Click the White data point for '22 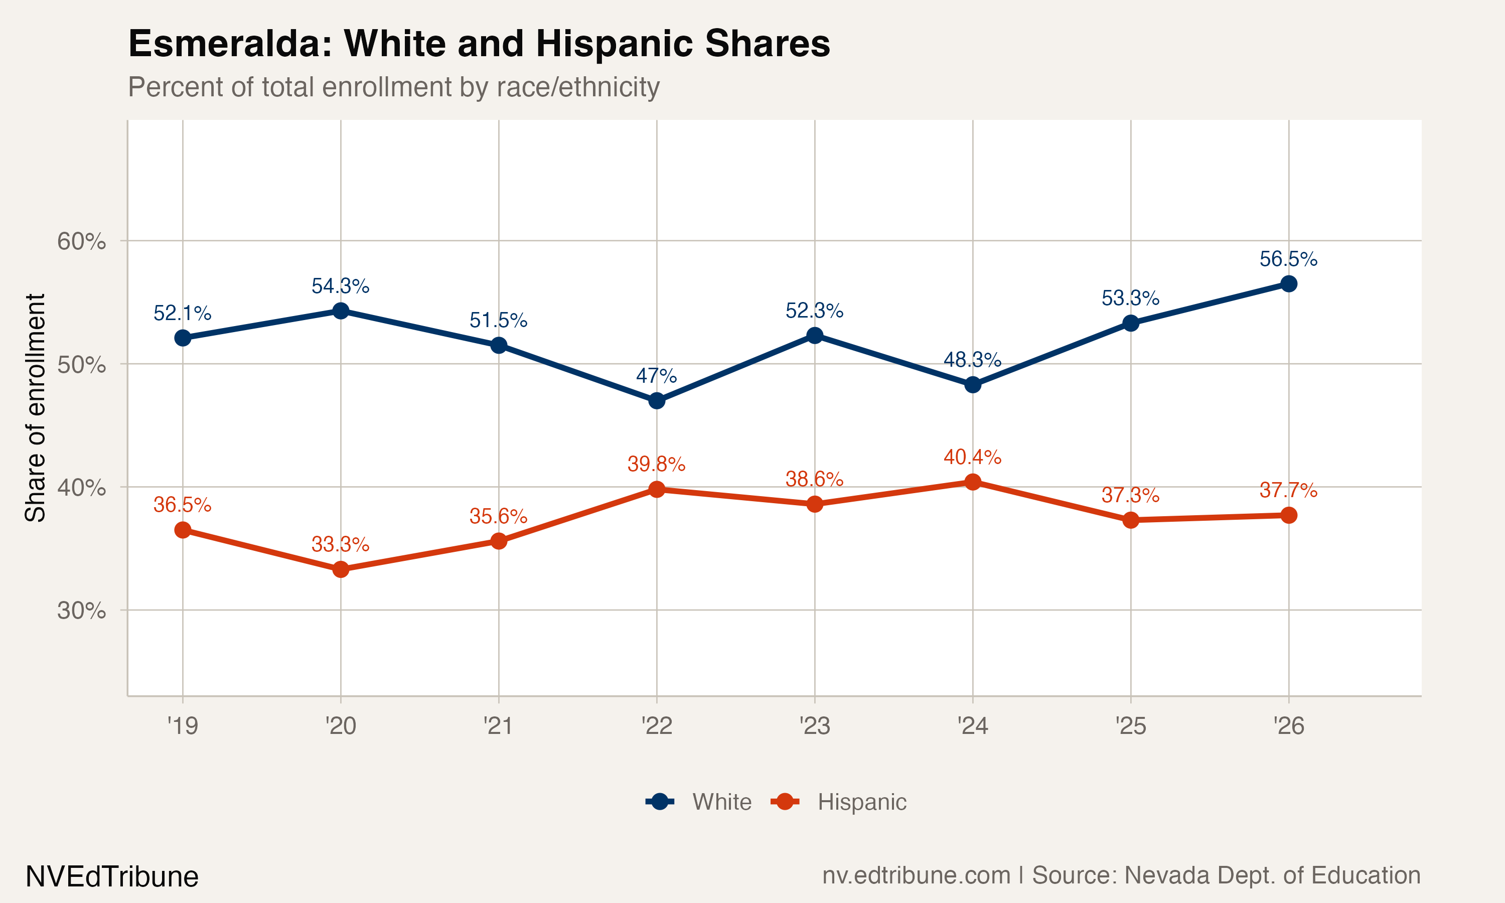(x=656, y=401)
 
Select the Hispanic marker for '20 (x=341, y=569)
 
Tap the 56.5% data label (x=1288, y=259)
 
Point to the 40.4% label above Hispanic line (x=972, y=457)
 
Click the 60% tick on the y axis (x=81, y=242)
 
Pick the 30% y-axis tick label (x=81, y=611)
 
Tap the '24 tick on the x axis (x=972, y=726)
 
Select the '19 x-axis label (x=183, y=726)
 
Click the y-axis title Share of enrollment (x=35, y=408)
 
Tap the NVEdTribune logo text (x=112, y=877)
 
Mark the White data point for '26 (x=1288, y=284)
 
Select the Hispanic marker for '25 (x=1130, y=520)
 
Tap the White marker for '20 (x=341, y=311)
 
